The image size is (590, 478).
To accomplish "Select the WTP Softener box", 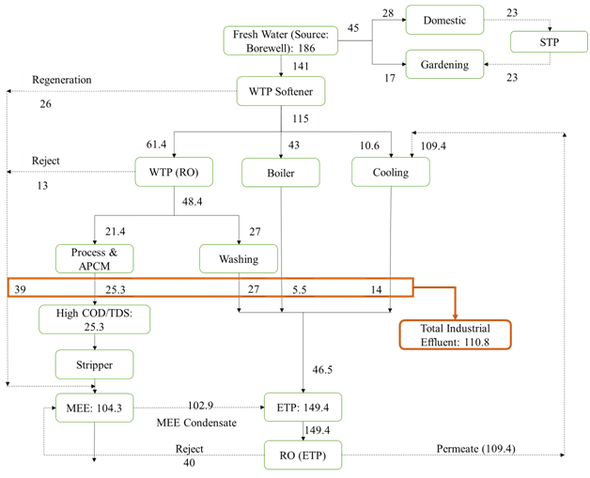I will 280,91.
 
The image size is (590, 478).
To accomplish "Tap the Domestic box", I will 443,20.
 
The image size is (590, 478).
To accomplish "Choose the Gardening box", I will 443,65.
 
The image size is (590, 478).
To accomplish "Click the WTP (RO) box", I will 174,172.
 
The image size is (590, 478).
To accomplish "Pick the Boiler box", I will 281,172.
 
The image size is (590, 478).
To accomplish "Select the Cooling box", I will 391,171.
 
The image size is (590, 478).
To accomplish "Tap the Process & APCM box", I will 95,258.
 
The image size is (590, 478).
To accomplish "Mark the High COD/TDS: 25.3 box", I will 95,319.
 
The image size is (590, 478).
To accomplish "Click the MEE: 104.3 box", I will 95,408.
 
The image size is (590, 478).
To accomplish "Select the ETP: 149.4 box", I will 303,408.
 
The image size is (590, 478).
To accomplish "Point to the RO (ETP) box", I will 303,455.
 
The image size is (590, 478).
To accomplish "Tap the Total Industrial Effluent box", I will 454,335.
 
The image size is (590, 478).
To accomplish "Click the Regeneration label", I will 62,80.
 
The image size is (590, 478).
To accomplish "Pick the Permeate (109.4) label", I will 475,448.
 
